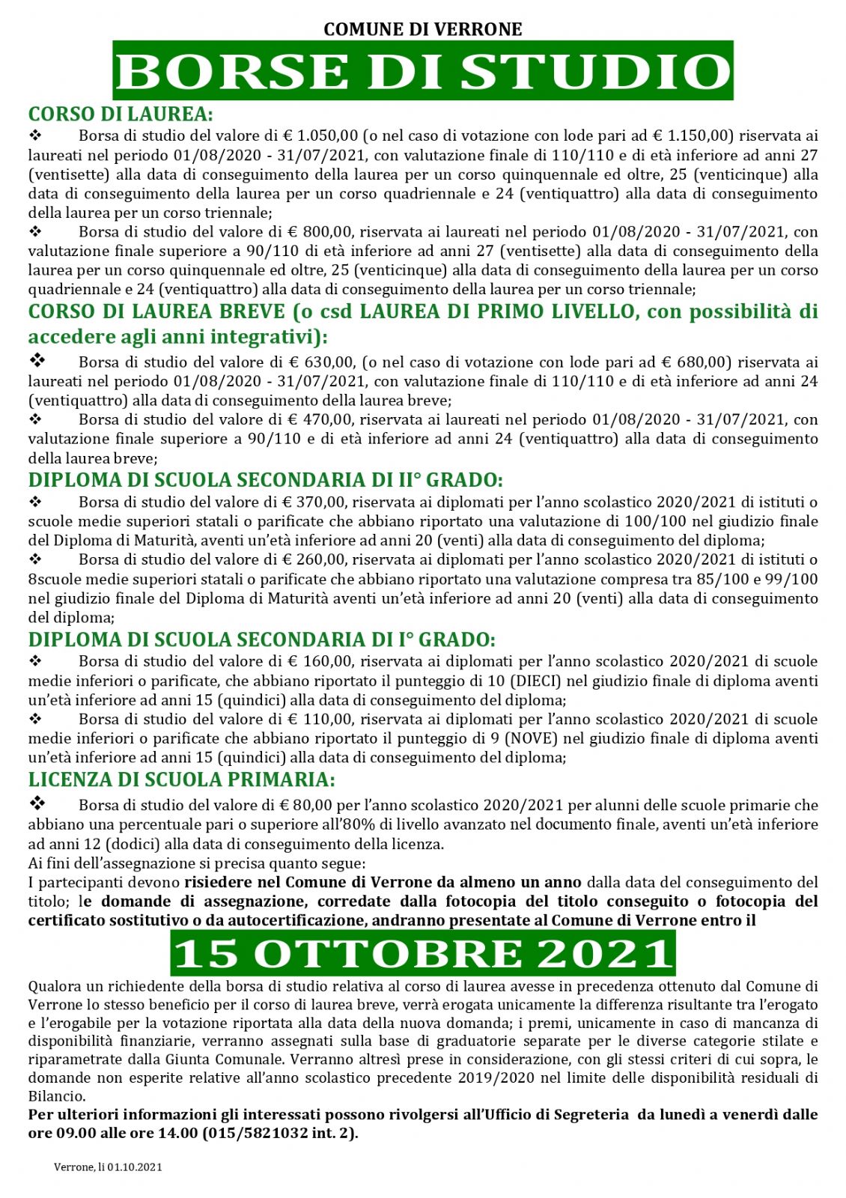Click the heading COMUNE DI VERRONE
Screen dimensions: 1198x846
422,29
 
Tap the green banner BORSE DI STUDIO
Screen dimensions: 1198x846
423,71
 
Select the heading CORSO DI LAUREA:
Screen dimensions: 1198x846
121,114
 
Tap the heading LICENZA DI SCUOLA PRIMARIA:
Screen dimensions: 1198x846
181,779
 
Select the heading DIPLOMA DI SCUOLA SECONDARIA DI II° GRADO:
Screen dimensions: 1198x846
266,479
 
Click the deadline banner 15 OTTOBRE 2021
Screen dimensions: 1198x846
423,953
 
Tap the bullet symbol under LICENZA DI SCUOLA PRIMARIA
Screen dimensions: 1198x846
37,803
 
